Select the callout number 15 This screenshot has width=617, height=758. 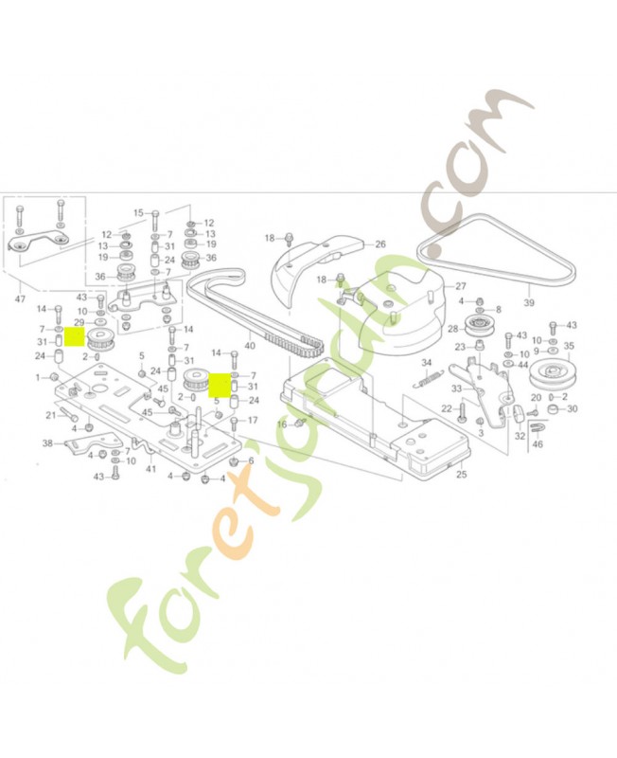138,212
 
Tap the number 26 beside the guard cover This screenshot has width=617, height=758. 380,244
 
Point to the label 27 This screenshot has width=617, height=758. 460,285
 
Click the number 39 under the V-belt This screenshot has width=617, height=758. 529,303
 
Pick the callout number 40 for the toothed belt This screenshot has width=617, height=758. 250,345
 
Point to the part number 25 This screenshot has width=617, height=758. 462,473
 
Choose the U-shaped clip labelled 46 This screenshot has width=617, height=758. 537,428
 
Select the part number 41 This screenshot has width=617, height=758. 150,469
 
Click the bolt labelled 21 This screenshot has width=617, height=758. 72,415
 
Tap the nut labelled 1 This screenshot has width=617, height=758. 56,377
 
